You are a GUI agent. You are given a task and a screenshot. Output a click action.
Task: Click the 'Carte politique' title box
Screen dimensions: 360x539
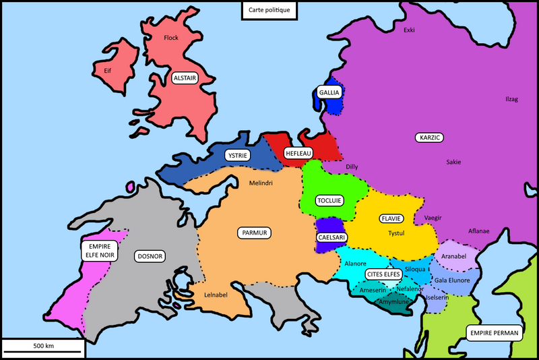pyautogui.click(x=269, y=10)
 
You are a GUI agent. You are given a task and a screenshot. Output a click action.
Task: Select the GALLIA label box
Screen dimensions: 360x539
pyautogui.click(x=330, y=92)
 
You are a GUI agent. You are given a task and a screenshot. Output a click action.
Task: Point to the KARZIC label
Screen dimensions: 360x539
pyautogui.click(x=429, y=138)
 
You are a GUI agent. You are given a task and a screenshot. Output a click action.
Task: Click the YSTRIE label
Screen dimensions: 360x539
pyautogui.click(x=237, y=155)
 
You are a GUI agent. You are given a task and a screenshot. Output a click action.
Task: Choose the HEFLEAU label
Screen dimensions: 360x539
pyautogui.click(x=298, y=154)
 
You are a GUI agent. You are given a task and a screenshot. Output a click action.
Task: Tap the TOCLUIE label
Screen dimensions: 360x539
pyautogui.click(x=329, y=200)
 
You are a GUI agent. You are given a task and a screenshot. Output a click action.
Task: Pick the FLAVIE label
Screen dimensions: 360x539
pyautogui.click(x=391, y=218)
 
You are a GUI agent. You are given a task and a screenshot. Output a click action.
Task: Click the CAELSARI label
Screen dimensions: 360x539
pyautogui.click(x=331, y=237)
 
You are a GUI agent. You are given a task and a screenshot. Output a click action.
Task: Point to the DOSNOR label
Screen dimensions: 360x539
pyautogui.click(x=150, y=256)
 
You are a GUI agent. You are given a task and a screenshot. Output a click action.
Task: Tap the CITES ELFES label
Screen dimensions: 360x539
pyautogui.click(x=384, y=274)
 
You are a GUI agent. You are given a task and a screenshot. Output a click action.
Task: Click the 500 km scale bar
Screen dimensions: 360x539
pyautogui.click(x=44, y=347)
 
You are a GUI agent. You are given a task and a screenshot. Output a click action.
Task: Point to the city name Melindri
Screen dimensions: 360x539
pyautogui.click(x=261, y=183)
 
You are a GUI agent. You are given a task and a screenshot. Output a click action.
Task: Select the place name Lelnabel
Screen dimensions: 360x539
pyautogui.click(x=218, y=294)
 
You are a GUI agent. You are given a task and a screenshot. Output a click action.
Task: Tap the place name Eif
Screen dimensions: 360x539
pyautogui.click(x=107, y=70)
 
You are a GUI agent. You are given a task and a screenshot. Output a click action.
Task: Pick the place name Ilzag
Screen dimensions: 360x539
pyautogui.click(x=493, y=99)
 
